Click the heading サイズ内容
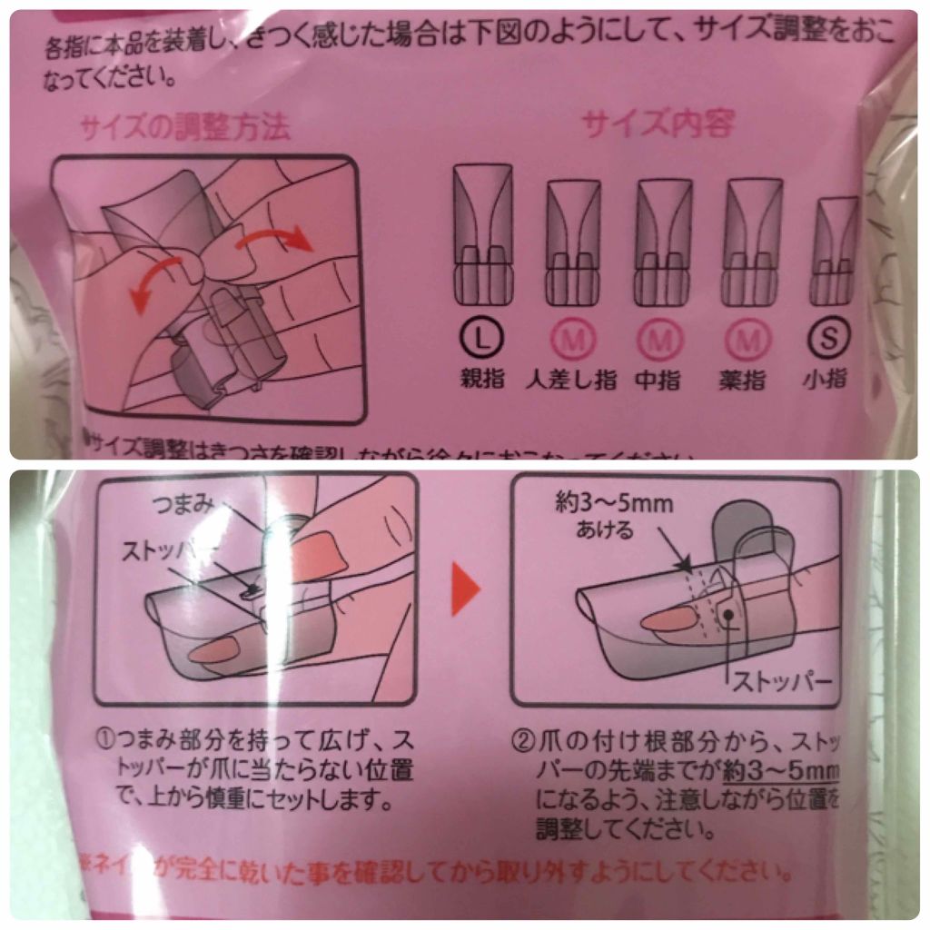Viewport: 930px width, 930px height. coord(658,124)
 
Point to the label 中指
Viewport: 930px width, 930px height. coord(665,379)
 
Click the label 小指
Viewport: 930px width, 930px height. coord(828,379)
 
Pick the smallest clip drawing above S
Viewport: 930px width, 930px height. coord(834,250)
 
